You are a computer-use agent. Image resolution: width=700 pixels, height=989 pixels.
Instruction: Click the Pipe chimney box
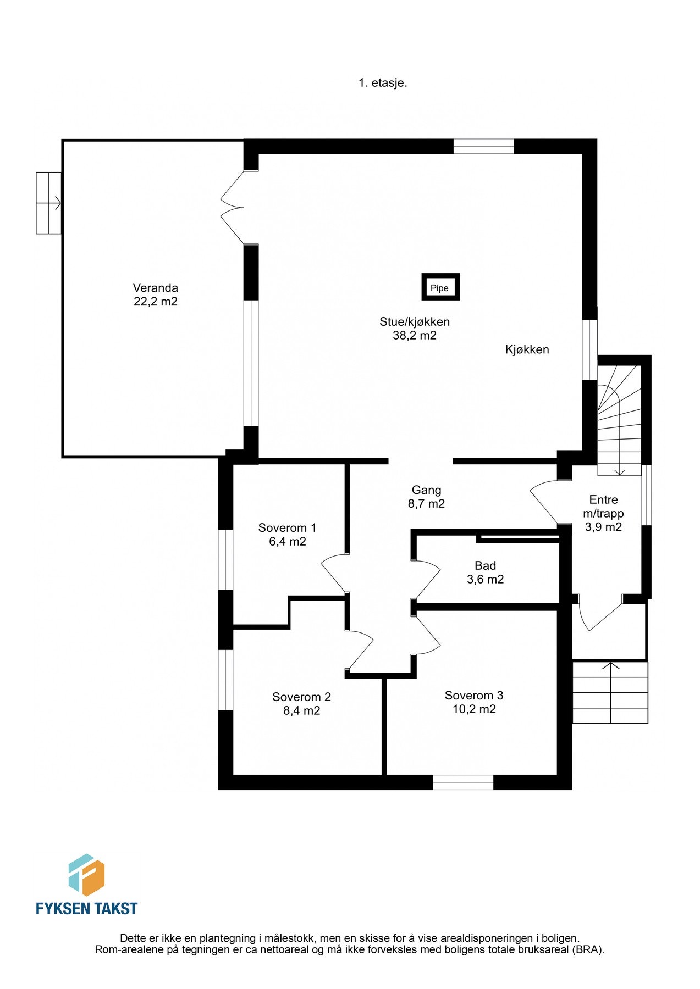click(x=440, y=287)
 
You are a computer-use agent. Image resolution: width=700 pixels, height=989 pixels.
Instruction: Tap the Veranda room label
click(x=156, y=288)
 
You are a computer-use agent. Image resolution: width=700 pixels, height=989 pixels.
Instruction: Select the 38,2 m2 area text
click(x=415, y=336)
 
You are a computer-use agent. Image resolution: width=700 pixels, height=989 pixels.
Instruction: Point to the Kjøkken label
click(x=527, y=349)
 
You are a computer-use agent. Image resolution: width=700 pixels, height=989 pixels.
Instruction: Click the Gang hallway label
click(x=426, y=490)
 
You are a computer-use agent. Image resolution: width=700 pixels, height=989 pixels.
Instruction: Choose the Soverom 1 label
click(x=287, y=528)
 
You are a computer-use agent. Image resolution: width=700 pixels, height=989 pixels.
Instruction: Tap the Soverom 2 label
click(x=301, y=697)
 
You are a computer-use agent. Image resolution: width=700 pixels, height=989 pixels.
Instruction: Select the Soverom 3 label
click(x=474, y=696)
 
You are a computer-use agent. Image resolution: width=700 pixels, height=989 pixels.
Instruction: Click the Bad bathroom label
click(x=485, y=566)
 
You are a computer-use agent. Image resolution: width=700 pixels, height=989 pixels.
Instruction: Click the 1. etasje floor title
click(x=383, y=83)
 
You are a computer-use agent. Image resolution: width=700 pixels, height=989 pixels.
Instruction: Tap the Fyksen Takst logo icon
click(x=86, y=874)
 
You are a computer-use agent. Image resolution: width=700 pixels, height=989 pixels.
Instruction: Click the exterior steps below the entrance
click(x=610, y=692)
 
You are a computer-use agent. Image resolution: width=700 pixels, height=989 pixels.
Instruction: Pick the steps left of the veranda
click(x=48, y=203)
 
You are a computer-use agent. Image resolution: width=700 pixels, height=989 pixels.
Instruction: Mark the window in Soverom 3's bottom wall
click(x=463, y=782)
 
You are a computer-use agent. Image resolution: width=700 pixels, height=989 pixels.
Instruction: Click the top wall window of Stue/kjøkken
click(x=483, y=146)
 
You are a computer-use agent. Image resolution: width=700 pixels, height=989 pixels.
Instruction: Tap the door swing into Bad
click(x=426, y=580)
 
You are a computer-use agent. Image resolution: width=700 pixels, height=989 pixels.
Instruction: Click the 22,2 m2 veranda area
click(x=156, y=302)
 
